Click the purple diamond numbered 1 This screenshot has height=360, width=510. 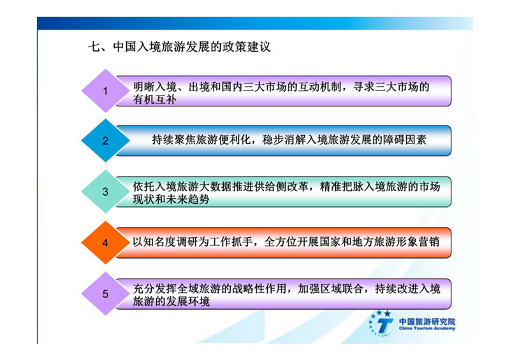pyautogui.click(x=105, y=90)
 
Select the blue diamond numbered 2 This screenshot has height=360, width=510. pyautogui.click(x=105, y=140)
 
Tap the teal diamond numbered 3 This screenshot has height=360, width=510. pyautogui.click(x=105, y=192)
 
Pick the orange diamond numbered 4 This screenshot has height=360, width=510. pyautogui.click(x=105, y=243)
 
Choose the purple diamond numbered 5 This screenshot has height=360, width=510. pyautogui.click(x=105, y=294)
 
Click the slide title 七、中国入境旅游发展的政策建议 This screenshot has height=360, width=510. pyautogui.click(x=179, y=47)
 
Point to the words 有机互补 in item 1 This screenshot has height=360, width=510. pyautogui.click(x=154, y=99)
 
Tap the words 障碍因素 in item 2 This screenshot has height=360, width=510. pyautogui.click(x=404, y=140)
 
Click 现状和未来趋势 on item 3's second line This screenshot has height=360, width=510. pyautogui.click(x=171, y=199)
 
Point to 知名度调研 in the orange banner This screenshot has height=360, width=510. pyautogui.click(x=170, y=242)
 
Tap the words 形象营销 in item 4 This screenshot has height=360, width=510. pyautogui.click(x=418, y=242)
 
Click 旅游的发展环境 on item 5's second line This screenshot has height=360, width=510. pyautogui.click(x=171, y=301)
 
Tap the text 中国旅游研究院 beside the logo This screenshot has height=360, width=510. pyautogui.click(x=427, y=322)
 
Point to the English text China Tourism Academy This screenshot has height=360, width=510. pyautogui.click(x=427, y=328)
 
